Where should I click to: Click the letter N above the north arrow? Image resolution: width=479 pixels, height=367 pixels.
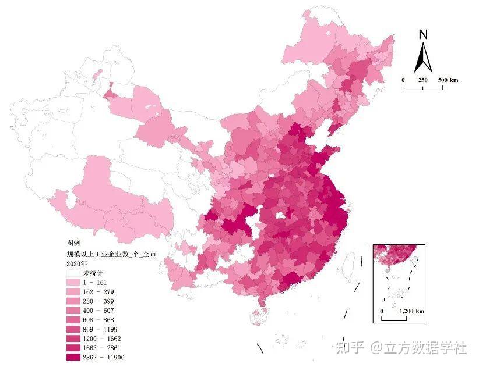coord(423,34)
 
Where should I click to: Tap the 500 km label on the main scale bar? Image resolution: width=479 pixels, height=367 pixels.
coord(448,80)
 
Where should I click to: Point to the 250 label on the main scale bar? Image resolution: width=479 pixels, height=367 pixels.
coord(422,80)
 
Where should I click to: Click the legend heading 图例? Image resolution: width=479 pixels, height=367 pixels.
coord(73,243)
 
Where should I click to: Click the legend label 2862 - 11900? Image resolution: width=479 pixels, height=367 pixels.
coord(104,357)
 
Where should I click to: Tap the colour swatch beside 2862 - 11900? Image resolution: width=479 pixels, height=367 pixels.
coord(73,357)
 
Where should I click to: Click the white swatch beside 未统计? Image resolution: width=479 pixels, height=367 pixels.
coord(73,273)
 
